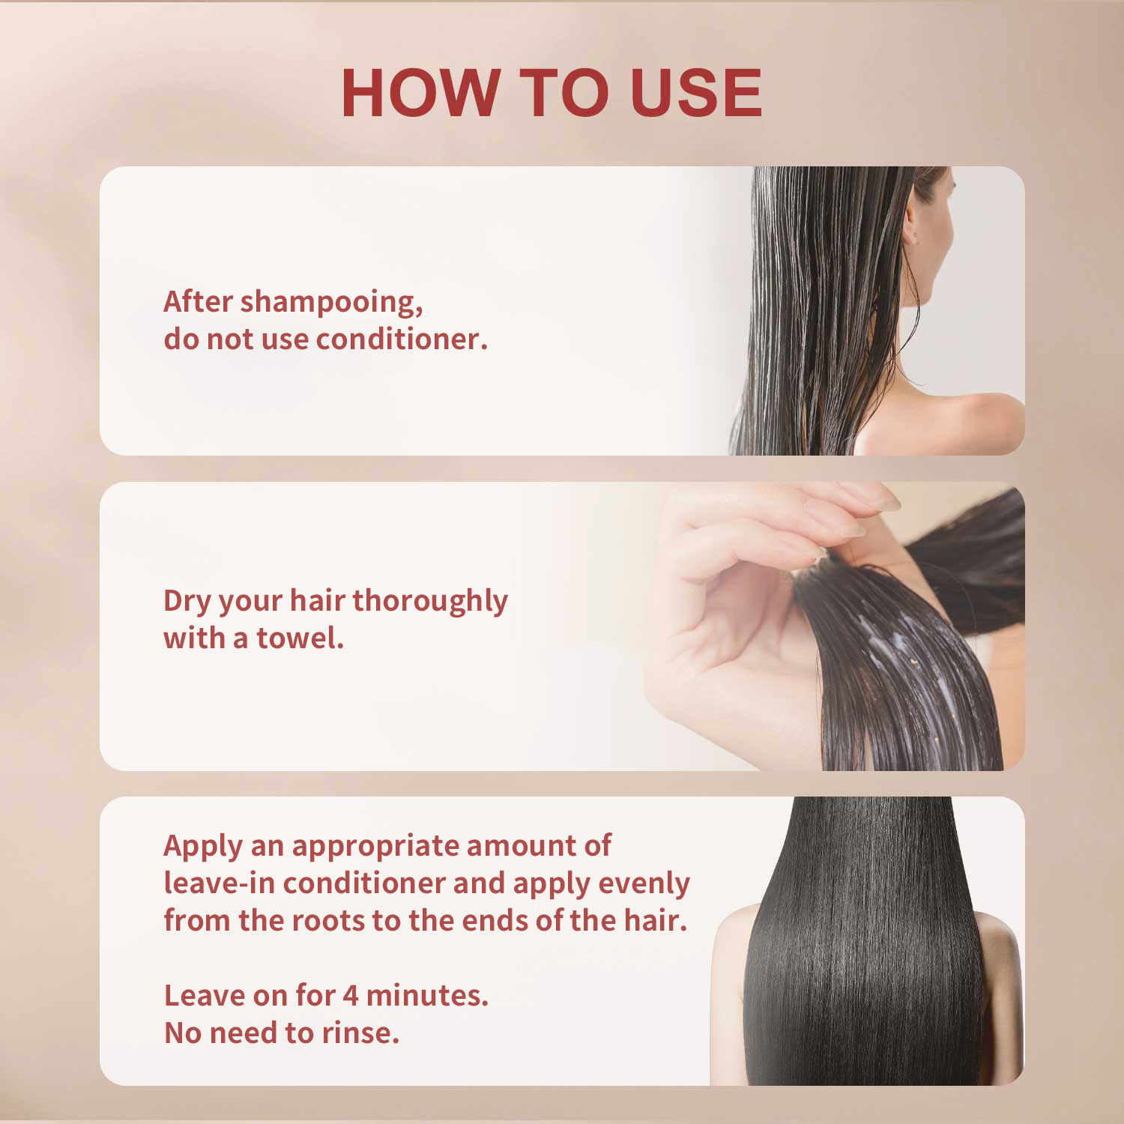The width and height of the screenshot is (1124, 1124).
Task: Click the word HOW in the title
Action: coord(420,93)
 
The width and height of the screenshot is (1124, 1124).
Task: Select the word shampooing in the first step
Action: coord(331,303)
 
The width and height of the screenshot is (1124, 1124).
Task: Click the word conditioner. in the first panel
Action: coord(402,339)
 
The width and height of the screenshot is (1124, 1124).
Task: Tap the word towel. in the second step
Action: coord(300,638)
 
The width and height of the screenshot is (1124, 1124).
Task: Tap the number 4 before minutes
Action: coord(351,996)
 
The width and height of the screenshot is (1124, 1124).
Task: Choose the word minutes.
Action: coord(427,996)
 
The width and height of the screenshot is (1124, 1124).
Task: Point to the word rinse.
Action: coord(360,1033)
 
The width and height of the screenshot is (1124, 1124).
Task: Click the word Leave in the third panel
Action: coord(205,996)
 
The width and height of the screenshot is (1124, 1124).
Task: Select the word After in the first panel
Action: coord(199,302)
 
